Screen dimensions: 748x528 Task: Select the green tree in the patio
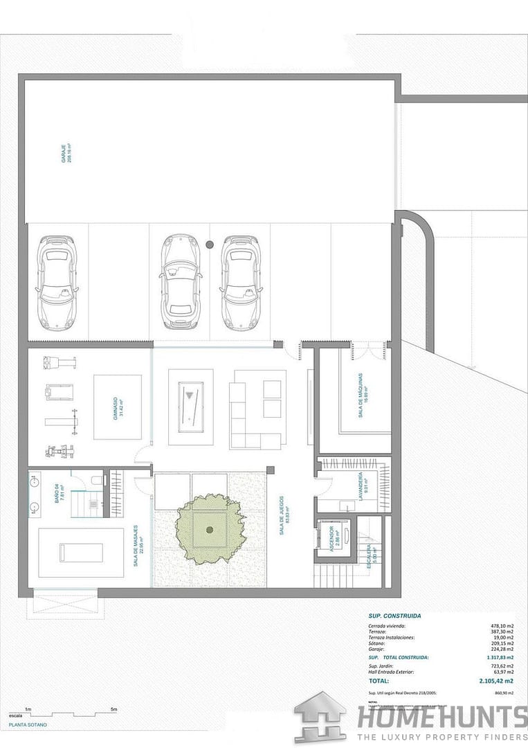(x=209, y=528)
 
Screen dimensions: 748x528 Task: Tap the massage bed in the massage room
(x=80, y=552)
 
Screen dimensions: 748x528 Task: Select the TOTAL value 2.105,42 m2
(x=495, y=681)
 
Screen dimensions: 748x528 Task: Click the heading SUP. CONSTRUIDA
(x=394, y=615)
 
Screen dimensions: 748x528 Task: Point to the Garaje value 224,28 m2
(x=501, y=649)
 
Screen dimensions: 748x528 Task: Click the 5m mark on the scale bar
(x=113, y=710)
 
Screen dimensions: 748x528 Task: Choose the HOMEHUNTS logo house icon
(x=320, y=717)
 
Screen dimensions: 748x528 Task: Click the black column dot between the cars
(x=210, y=244)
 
